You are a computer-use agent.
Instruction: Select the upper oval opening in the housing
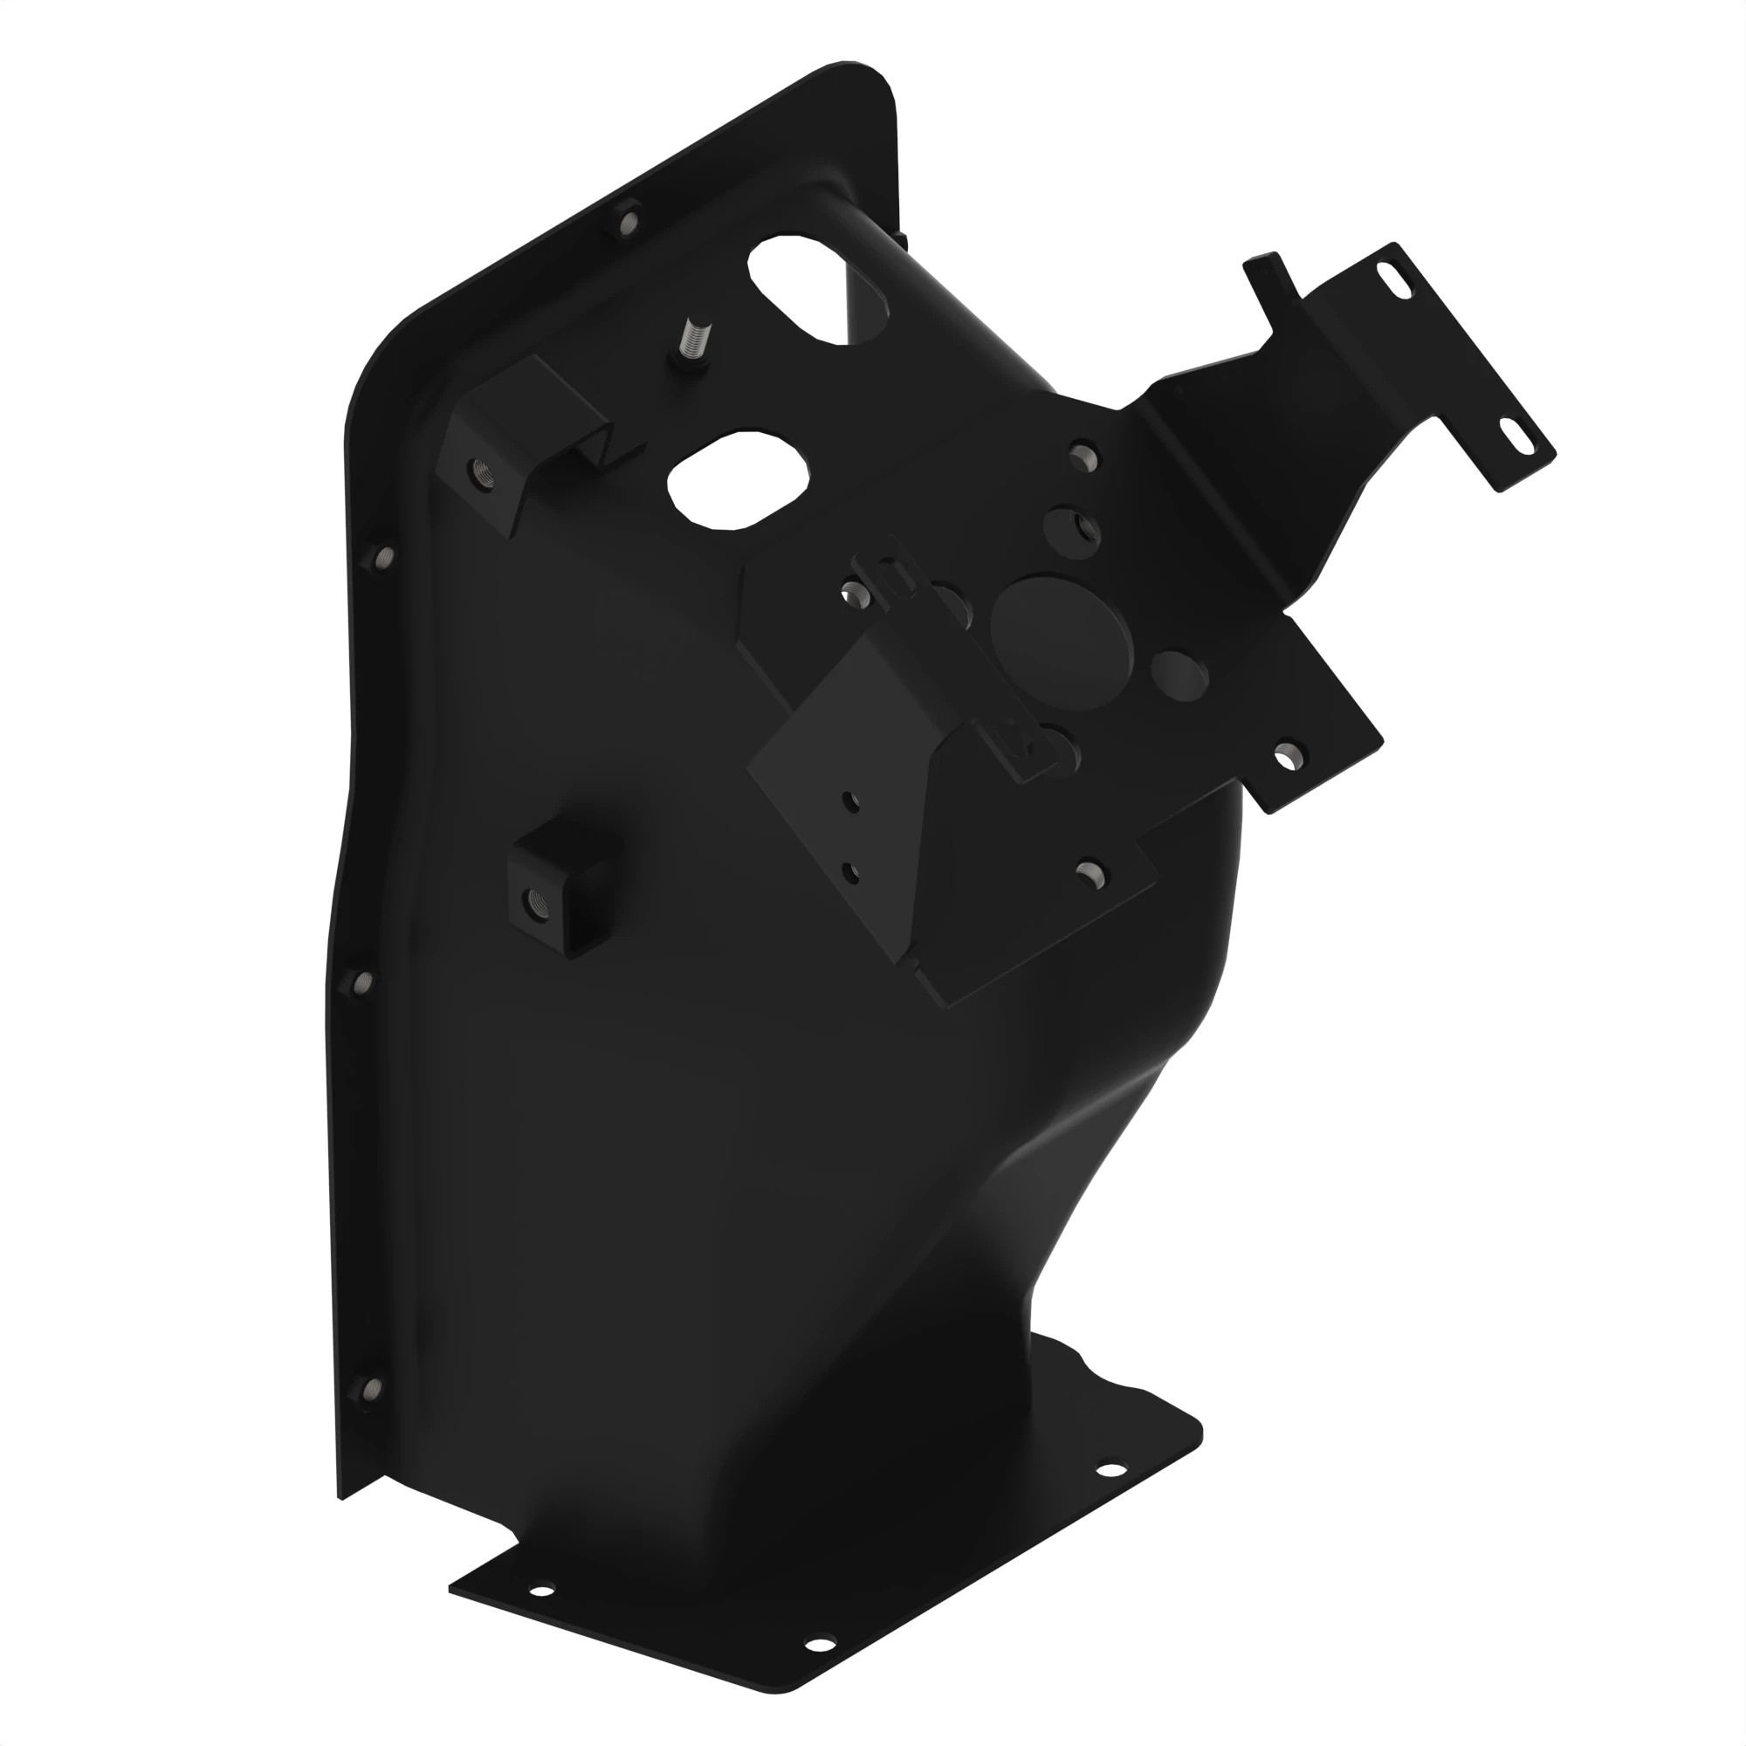[x=818, y=289]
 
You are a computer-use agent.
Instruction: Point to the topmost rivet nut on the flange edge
[x=628, y=220]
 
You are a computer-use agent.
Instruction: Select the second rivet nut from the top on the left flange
[x=383, y=557]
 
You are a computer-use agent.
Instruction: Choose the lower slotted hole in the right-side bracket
[x=1522, y=437]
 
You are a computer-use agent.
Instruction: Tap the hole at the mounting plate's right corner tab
[x=1288, y=755]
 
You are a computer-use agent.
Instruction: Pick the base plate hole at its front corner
[x=818, y=1643]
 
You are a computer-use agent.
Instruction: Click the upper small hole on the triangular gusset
[x=849, y=800]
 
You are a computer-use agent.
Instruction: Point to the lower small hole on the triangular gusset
[x=849, y=872]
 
